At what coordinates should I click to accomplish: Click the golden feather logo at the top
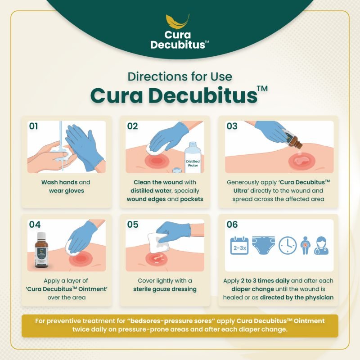(x=178, y=21)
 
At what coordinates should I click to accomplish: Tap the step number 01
(x=33, y=126)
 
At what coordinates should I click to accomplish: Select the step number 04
(x=35, y=225)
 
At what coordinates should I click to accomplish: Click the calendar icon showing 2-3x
(x=239, y=246)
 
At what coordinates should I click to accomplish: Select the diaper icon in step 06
(x=263, y=245)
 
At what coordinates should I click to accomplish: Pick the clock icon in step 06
(x=288, y=245)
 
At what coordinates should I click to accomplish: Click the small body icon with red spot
(x=305, y=246)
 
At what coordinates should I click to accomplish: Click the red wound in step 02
(x=156, y=161)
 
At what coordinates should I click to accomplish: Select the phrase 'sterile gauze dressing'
(x=165, y=289)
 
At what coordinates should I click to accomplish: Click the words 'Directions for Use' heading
(x=180, y=76)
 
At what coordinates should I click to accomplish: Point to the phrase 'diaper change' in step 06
(x=253, y=289)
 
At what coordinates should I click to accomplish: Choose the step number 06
(x=232, y=225)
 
